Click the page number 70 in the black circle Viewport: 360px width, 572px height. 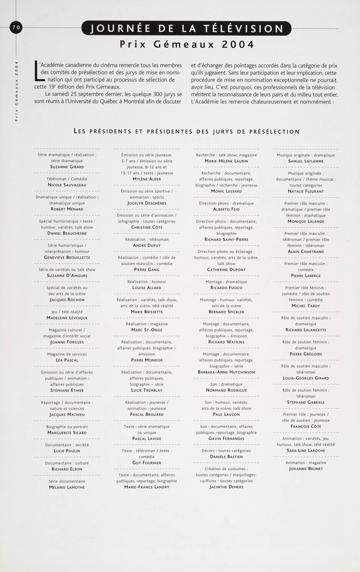(x=16, y=27)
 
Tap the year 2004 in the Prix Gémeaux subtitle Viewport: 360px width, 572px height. (x=238, y=44)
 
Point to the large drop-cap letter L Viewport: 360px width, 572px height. (x=37, y=70)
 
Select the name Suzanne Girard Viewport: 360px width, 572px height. (x=67, y=167)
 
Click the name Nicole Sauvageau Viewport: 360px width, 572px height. (x=67, y=185)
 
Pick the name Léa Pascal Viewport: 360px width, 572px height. (x=67, y=360)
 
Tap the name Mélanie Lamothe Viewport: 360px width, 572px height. (x=67, y=487)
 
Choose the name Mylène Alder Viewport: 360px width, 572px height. (x=147, y=179)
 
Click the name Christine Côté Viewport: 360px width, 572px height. (x=147, y=227)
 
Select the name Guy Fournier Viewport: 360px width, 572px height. (x=147, y=462)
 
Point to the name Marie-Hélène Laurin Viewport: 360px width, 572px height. (x=226, y=161)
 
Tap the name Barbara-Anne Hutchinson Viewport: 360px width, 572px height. (x=226, y=372)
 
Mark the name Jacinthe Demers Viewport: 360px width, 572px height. (x=226, y=487)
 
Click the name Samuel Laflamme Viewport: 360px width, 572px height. (x=306, y=161)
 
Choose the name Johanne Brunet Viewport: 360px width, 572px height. (x=306, y=469)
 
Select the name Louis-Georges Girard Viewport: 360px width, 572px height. (x=306, y=378)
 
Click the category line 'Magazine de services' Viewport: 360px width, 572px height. (x=67, y=354)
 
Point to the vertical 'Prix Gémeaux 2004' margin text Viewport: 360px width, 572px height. (x=17, y=91)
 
